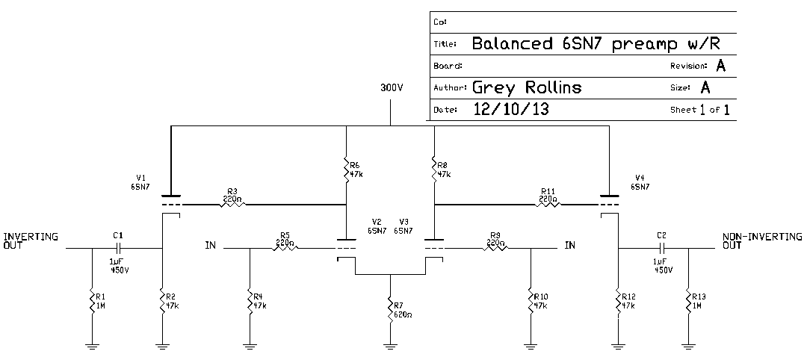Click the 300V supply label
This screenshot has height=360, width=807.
coord(392,87)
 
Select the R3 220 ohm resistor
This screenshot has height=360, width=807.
coord(232,204)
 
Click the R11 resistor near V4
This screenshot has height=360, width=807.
coord(548,204)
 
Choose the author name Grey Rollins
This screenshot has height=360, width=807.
coord(527,88)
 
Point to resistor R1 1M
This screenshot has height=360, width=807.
coord(91,302)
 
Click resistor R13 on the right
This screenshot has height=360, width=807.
coord(687,302)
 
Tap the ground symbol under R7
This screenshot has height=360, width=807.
coord(390,344)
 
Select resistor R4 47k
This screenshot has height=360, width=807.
coord(250,302)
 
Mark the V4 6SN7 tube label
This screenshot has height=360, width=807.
coord(639,182)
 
